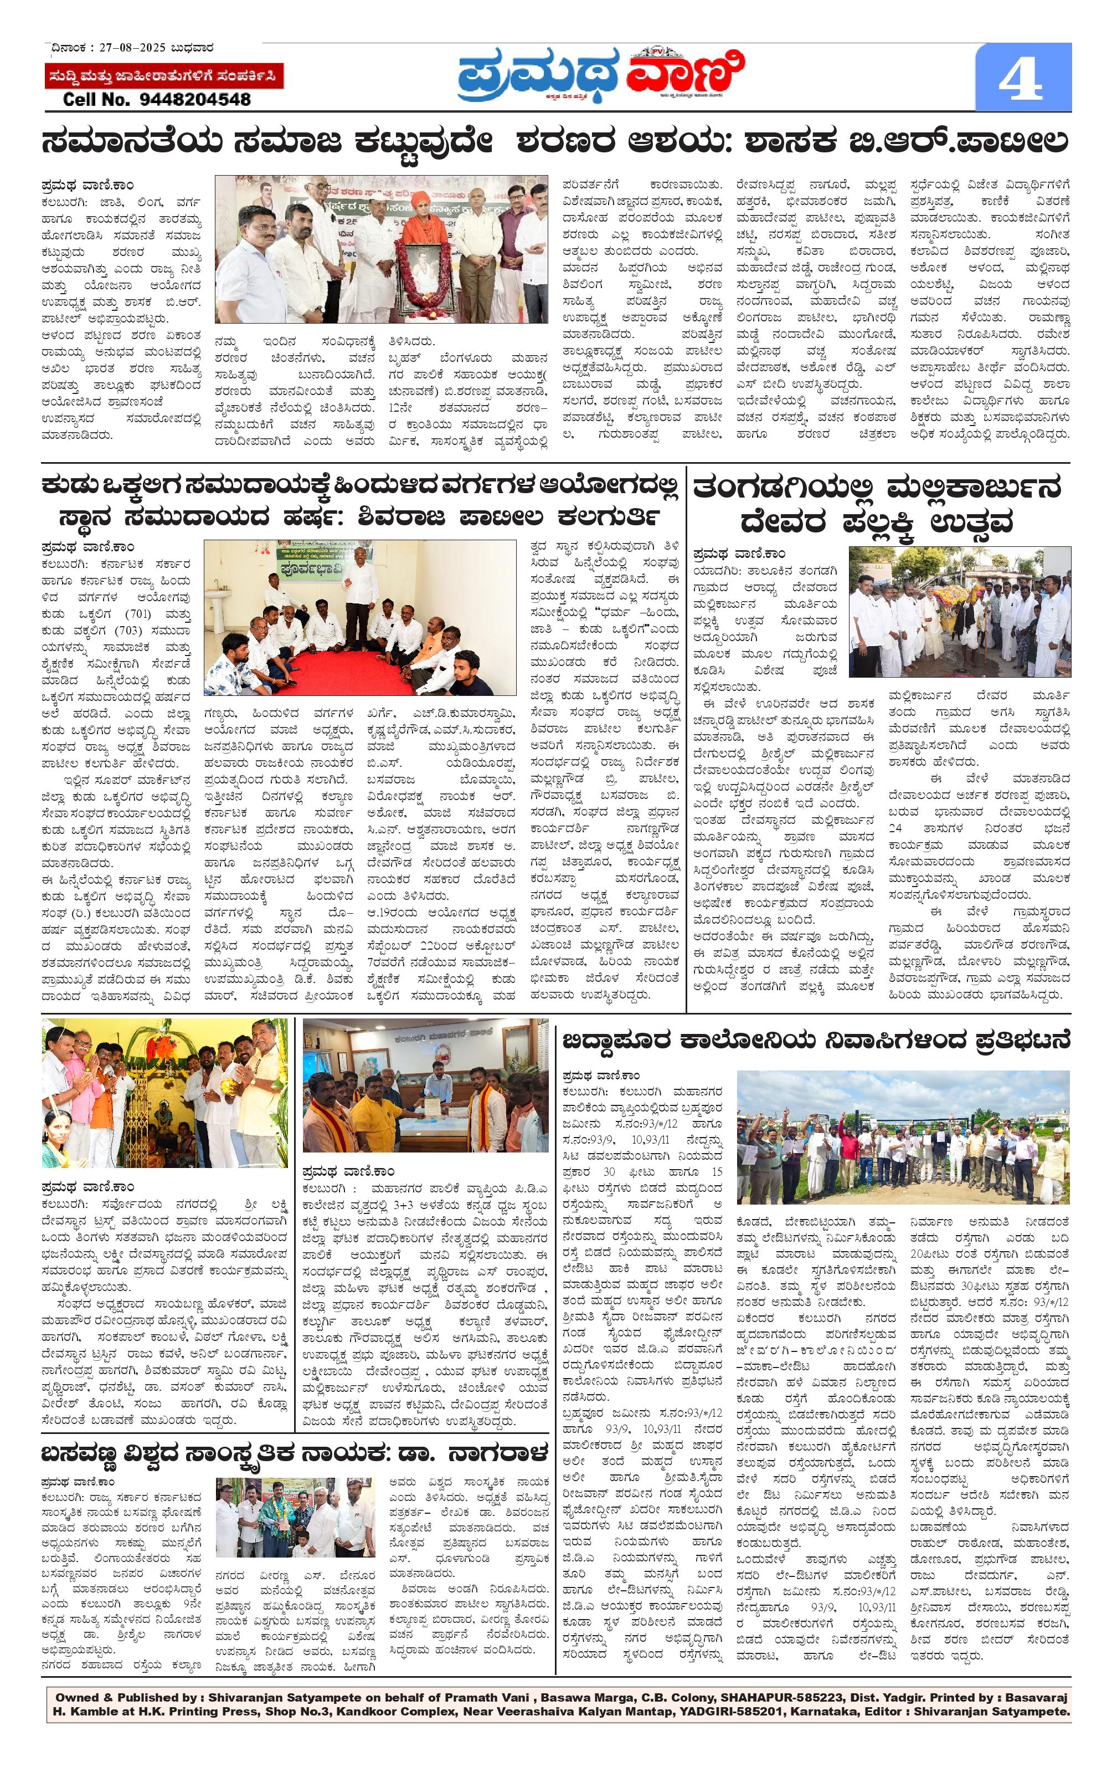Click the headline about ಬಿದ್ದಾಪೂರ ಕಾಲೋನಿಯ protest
point(816,1041)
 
